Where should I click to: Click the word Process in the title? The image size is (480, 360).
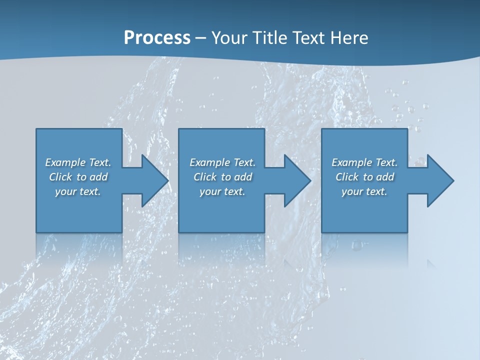[157, 38]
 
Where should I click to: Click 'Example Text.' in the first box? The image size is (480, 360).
[78, 162]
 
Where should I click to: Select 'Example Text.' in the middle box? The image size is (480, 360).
[222, 162]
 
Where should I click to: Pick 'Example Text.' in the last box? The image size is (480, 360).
[364, 162]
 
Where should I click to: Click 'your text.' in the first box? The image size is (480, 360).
[78, 191]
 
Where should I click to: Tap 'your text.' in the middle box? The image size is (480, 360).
[222, 191]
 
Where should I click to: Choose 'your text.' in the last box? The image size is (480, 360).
[364, 191]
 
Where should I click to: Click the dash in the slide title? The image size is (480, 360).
[200, 38]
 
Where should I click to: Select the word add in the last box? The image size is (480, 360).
[385, 177]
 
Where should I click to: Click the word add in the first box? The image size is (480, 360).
[99, 177]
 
